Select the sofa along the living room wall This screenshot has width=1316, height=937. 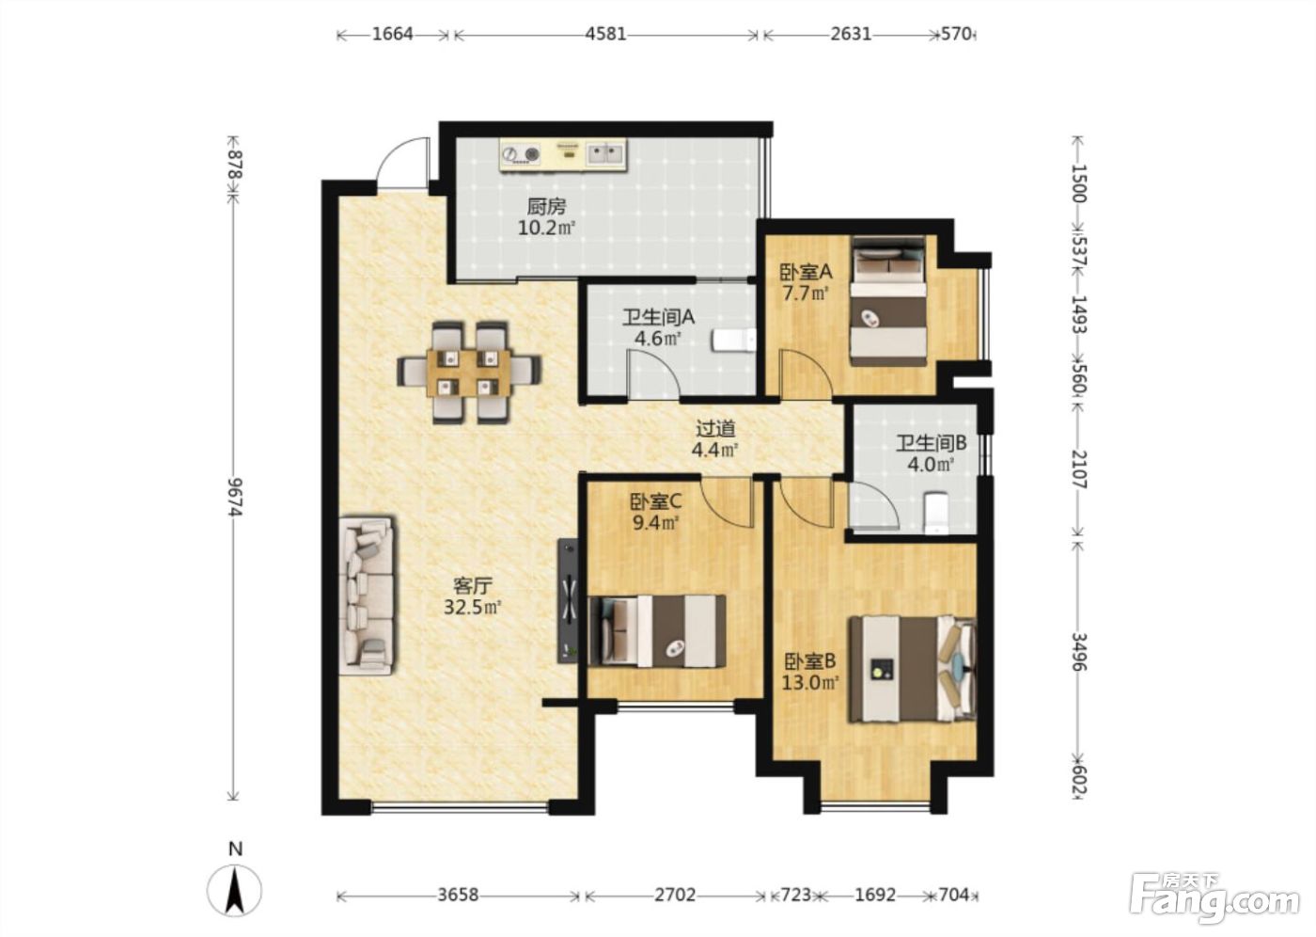366,596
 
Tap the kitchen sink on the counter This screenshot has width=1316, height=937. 605,154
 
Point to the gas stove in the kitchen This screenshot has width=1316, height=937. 521,154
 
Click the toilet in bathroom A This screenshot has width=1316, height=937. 734,341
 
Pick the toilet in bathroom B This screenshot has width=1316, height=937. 936,513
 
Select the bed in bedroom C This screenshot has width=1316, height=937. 657,631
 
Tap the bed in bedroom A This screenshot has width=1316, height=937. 889,301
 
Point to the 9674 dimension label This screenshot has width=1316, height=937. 234,497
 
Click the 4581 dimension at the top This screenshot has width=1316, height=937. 605,34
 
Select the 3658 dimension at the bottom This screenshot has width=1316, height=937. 459,896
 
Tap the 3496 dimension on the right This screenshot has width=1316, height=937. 1079,652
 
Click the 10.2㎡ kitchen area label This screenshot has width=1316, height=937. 546,228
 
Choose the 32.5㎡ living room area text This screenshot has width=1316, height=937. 472,607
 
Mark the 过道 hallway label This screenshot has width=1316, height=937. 715,429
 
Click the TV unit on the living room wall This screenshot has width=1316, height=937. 568,601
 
